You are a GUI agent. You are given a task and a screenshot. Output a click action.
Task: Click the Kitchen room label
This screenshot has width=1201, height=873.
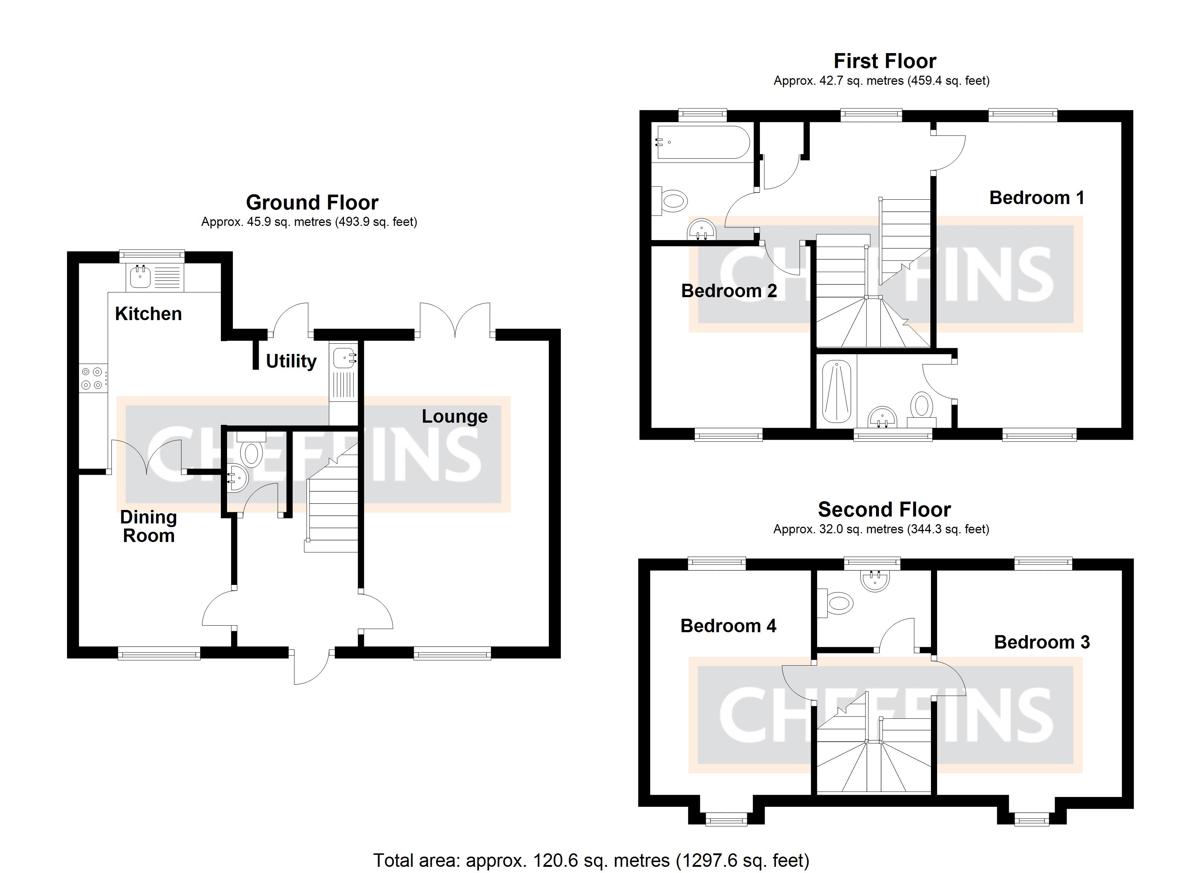pyautogui.click(x=148, y=314)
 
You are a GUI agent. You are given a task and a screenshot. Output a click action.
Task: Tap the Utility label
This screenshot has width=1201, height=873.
pyautogui.click(x=291, y=361)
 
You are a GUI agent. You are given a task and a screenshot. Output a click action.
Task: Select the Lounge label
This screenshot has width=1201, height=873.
pyautogui.click(x=454, y=416)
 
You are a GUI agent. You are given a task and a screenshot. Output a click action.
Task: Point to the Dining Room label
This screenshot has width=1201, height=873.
pyautogui.click(x=148, y=526)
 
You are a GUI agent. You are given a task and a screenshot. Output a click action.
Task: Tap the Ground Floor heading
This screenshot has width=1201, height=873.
pyautogui.click(x=312, y=203)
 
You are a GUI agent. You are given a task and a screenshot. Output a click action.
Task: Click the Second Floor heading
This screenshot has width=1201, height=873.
pyautogui.click(x=884, y=509)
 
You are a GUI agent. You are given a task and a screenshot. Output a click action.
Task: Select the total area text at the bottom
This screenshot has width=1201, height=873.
pyautogui.click(x=591, y=860)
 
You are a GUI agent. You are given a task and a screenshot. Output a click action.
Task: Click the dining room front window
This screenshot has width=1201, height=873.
pyautogui.click(x=159, y=654)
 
